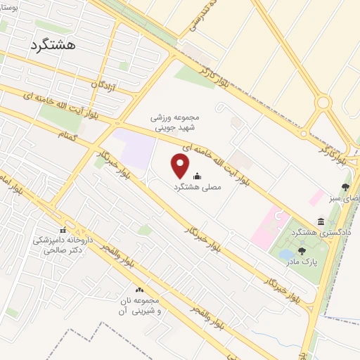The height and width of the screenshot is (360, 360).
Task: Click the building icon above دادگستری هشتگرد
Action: tap(321, 221)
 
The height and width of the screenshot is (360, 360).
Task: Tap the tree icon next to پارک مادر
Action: tap(302, 251)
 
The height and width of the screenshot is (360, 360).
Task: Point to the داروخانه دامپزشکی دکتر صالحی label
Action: tap(63, 244)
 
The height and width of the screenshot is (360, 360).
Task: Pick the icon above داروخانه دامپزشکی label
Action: tap(63, 230)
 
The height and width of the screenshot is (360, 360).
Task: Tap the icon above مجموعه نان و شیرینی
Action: tap(139, 290)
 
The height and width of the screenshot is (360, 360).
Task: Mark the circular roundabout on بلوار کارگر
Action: tap(323, 103)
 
